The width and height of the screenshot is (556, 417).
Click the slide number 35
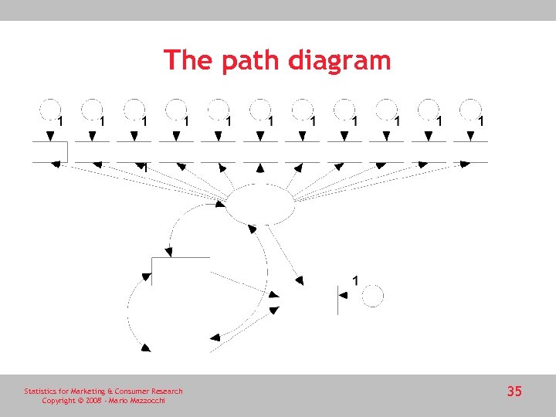(x=514, y=392)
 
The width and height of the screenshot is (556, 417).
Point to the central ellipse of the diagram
(x=259, y=204)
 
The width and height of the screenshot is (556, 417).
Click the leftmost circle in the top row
(x=50, y=109)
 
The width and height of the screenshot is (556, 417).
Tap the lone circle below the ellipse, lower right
(x=373, y=296)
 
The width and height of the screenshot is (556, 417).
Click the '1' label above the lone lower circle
(x=354, y=280)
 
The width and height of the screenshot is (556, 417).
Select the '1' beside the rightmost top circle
(x=481, y=121)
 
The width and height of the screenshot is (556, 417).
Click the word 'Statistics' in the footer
(x=41, y=392)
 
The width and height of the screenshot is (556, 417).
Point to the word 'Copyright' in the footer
(x=59, y=401)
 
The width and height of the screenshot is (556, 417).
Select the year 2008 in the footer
(x=94, y=401)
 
